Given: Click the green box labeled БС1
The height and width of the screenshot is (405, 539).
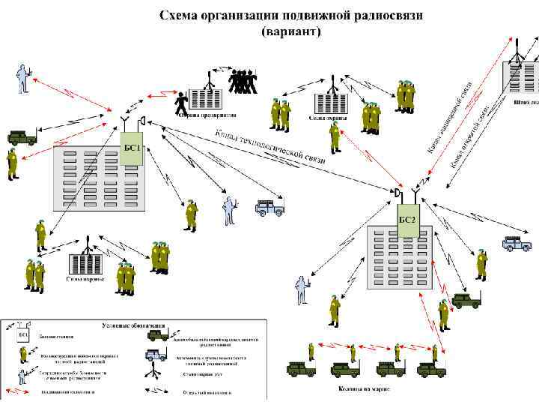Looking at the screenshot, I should click(x=130, y=146).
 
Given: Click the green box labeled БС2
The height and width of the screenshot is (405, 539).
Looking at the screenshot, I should click(x=407, y=219).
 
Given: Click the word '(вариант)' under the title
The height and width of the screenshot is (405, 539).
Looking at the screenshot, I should click(x=291, y=32).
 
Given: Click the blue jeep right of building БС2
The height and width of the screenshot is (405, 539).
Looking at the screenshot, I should click(x=516, y=243).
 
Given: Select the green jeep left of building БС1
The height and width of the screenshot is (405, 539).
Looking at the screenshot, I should click(x=22, y=137).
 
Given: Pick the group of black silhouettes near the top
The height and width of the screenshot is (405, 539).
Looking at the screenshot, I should click(x=242, y=80).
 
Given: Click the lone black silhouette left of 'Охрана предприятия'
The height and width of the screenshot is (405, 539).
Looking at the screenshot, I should click(x=180, y=101).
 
